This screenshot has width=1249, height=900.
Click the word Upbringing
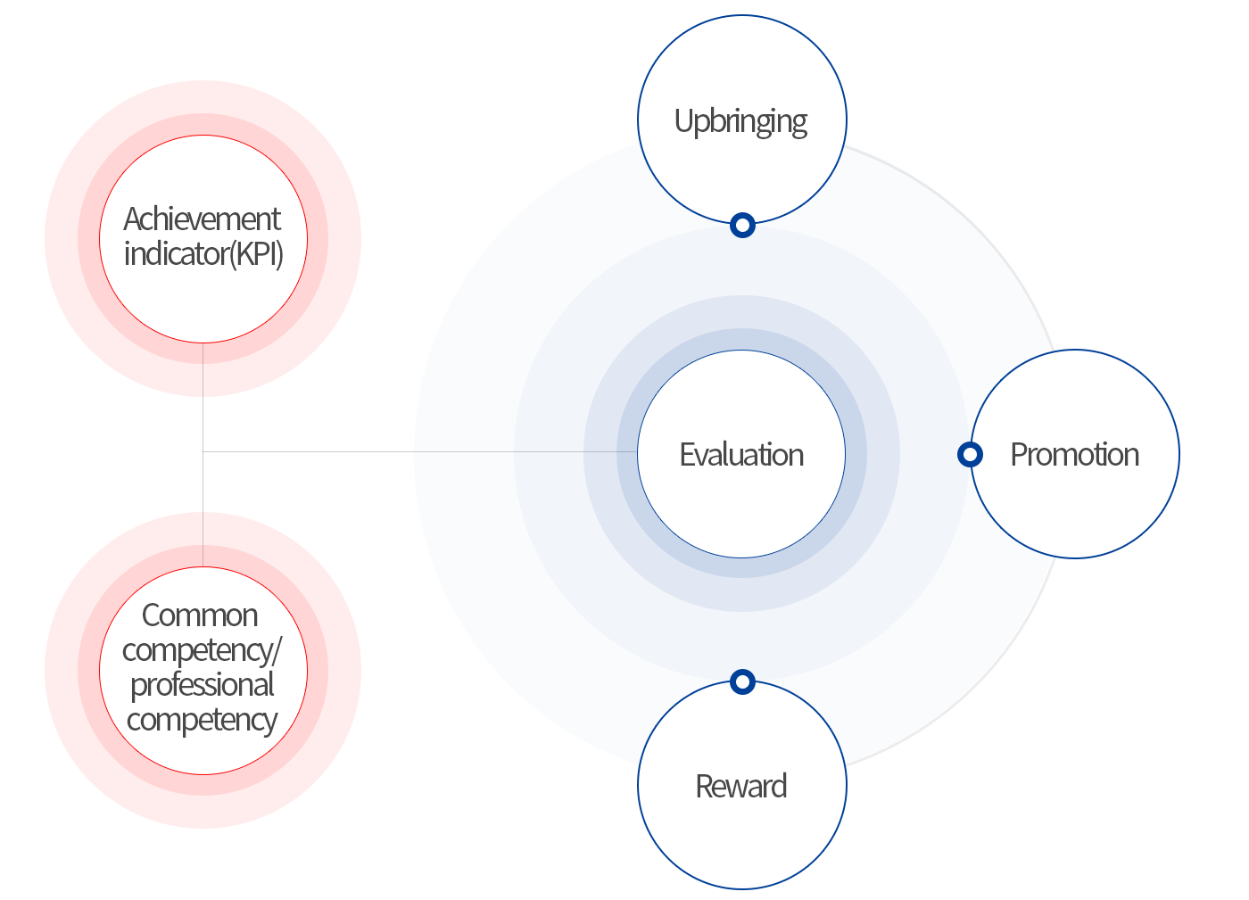(x=740, y=121)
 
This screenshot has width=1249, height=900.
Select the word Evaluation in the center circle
(x=741, y=455)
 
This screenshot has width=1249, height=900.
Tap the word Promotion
(x=1074, y=455)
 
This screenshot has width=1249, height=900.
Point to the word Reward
(x=741, y=786)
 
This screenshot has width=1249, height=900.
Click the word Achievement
(x=202, y=219)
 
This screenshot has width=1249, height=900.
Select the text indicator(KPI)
(x=203, y=254)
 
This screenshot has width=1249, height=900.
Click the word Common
(x=200, y=615)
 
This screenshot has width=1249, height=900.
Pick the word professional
(x=202, y=685)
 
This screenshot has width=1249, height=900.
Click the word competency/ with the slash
(x=202, y=651)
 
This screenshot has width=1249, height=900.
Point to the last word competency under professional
(x=202, y=720)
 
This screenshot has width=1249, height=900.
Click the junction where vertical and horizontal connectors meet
(x=203, y=451)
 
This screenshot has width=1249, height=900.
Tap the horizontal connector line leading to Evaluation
(x=420, y=451)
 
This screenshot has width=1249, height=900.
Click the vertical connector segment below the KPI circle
(x=203, y=397)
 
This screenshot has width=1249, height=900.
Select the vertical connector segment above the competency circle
(x=203, y=509)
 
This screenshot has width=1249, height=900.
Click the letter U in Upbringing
(x=683, y=120)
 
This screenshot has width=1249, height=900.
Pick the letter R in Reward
(x=705, y=786)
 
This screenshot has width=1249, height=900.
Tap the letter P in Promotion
(x=1020, y=455)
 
